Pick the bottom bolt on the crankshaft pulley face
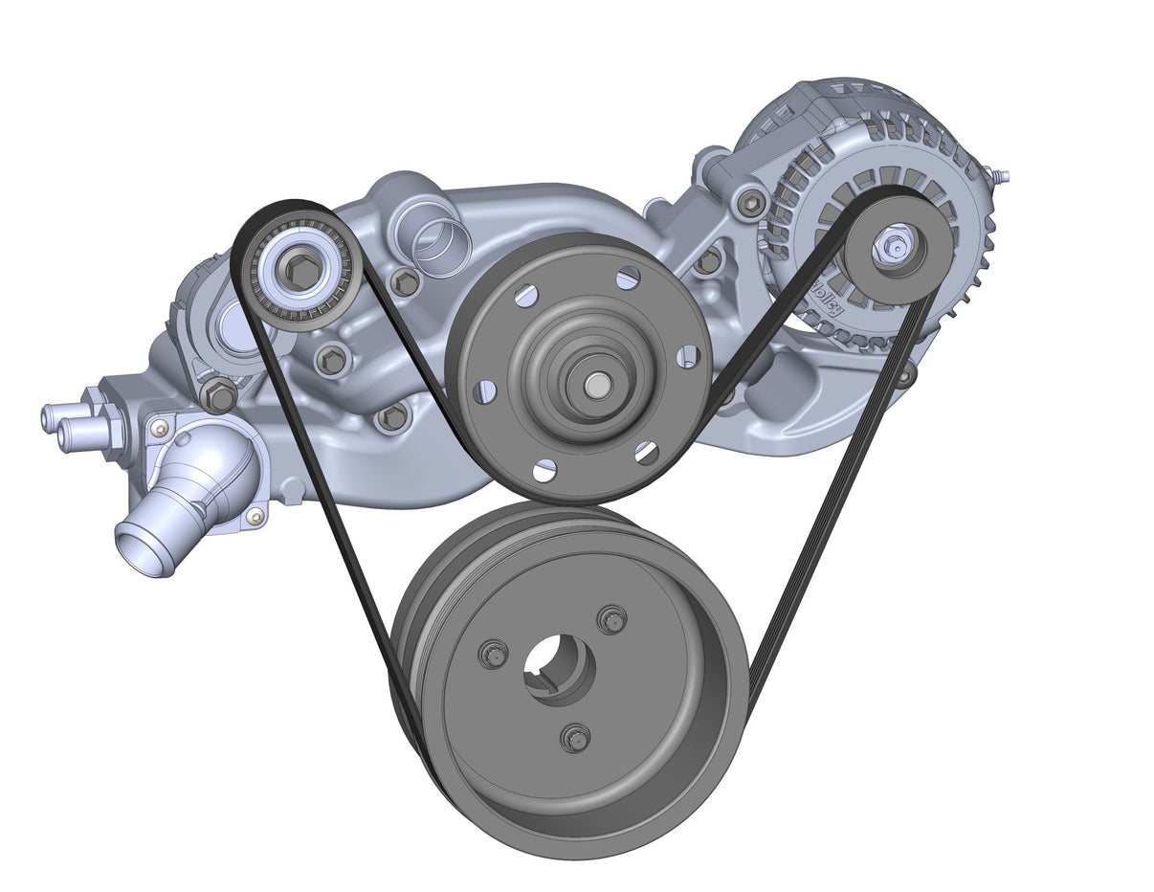pos(575,738)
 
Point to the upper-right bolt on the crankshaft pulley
pos(611,619)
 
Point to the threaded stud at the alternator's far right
pos(1000,177)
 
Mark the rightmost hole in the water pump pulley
pos(687,357)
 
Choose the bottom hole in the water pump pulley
pos(544,470)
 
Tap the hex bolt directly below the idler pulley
pos(331,359)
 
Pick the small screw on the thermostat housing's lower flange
pos(255,517)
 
